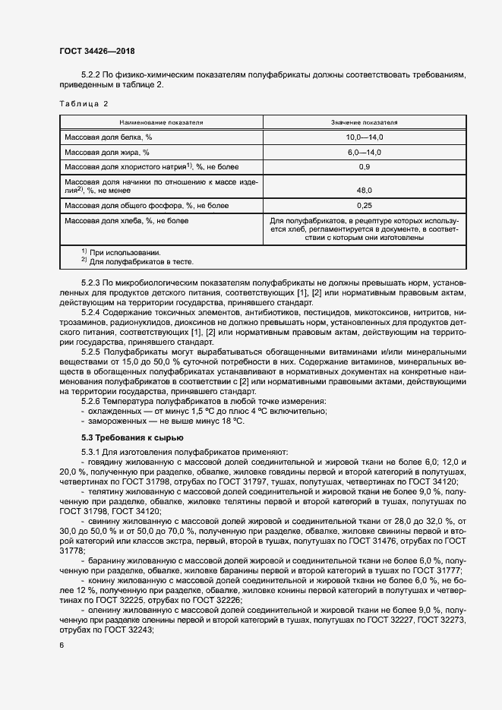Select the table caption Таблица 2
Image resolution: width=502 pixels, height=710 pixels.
click(x=84, y=103)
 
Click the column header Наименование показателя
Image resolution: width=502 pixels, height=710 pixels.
click(x=161, y=121)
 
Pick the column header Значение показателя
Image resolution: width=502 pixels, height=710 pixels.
click(x=364, y=121)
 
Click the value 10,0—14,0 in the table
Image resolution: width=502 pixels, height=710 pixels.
click(x=364, y=137)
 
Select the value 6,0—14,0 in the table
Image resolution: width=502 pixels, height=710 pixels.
click(x=364, y=152)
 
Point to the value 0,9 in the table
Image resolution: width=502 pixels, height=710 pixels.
click(x=364, y=166)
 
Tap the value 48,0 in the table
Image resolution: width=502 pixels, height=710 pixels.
click(x=364, y=190)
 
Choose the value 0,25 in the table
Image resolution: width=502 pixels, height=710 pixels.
click(x=364, y=206)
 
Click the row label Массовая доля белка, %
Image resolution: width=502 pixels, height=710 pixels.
click(x=109, y=137)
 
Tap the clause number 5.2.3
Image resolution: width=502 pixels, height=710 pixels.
click(x=94, y=282)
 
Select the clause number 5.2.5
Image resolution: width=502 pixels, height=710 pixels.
click(x=94, y=352)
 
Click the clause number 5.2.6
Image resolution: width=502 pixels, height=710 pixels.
click(x=94, y=400)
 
